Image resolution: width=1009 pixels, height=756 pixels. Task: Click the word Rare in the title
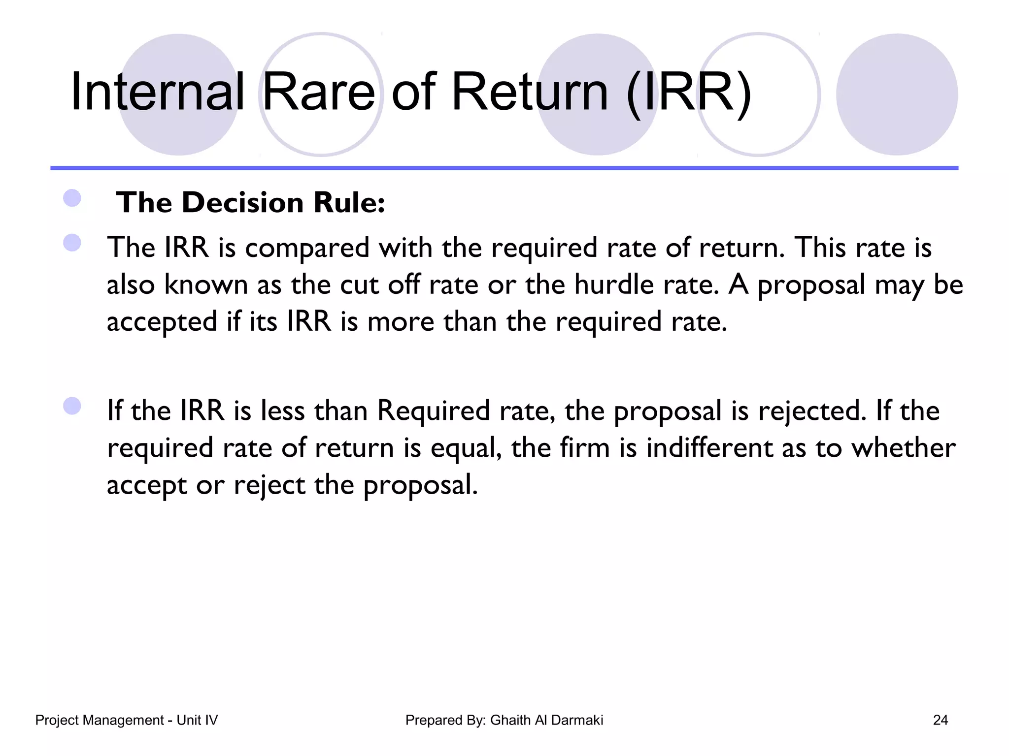[x=319, y=93]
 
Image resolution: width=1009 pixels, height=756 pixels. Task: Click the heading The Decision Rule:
[x=250, y=203]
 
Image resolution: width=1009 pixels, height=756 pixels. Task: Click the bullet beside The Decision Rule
[x=72, y=198]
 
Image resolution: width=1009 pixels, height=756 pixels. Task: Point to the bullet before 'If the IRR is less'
[x=72, y=406]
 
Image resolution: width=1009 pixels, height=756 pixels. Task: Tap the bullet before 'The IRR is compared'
[x=72, y=243]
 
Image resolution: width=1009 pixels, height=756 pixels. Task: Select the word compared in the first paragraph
[x=307, y=248]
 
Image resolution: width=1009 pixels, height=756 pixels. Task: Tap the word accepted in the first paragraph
[x=162, y=323]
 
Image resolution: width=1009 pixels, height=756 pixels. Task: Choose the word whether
[x=904, y=448]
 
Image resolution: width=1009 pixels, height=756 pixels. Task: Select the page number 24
[x=940, y=721]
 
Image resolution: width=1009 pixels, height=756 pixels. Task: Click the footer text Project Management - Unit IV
[x=126, y=721]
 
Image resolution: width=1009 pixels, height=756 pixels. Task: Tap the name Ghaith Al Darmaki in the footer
[x=546, y=721]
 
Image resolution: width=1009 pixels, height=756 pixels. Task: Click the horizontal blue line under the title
[x=504, y=168]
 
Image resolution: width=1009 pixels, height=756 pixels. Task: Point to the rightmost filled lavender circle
[x=897, y=94]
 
